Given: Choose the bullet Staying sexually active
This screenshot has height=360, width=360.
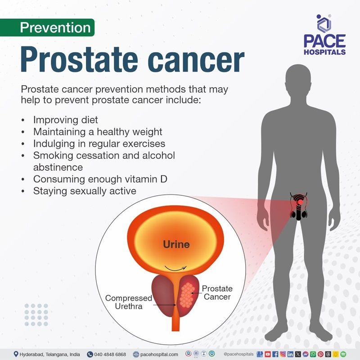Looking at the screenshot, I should click(x=85, y=191).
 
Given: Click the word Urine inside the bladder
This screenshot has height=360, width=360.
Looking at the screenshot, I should click(x=176, y=245).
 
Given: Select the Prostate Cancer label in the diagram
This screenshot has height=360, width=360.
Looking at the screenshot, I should click(x=217, y=292).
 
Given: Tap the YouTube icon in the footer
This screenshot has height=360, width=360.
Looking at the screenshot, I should click(x=268, y=354).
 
